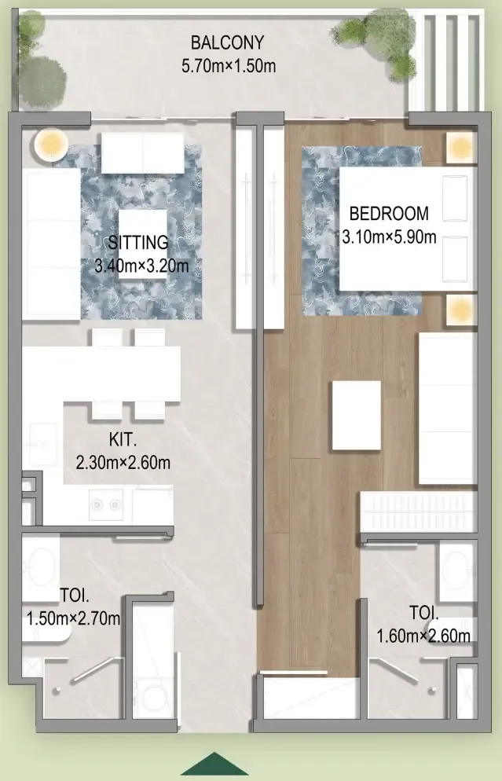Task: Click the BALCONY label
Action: point(227,43)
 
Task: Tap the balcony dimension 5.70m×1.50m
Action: point(229,66)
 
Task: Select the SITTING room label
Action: point(138,243)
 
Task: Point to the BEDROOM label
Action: point(389,214)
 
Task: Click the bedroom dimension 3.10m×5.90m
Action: point(389,236)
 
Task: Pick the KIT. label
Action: point(123,440)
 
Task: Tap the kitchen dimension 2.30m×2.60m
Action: point(123,463)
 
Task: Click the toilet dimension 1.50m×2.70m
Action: point(73,618)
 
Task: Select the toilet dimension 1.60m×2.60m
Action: point(423,636)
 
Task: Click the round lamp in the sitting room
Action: point(50,145)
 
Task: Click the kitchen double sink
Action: point(106,504)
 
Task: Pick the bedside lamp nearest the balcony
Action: point(460,148)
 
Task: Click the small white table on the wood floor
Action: point(356,416)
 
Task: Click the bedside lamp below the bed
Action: point(460,310)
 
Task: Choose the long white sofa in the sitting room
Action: point(51,244)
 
